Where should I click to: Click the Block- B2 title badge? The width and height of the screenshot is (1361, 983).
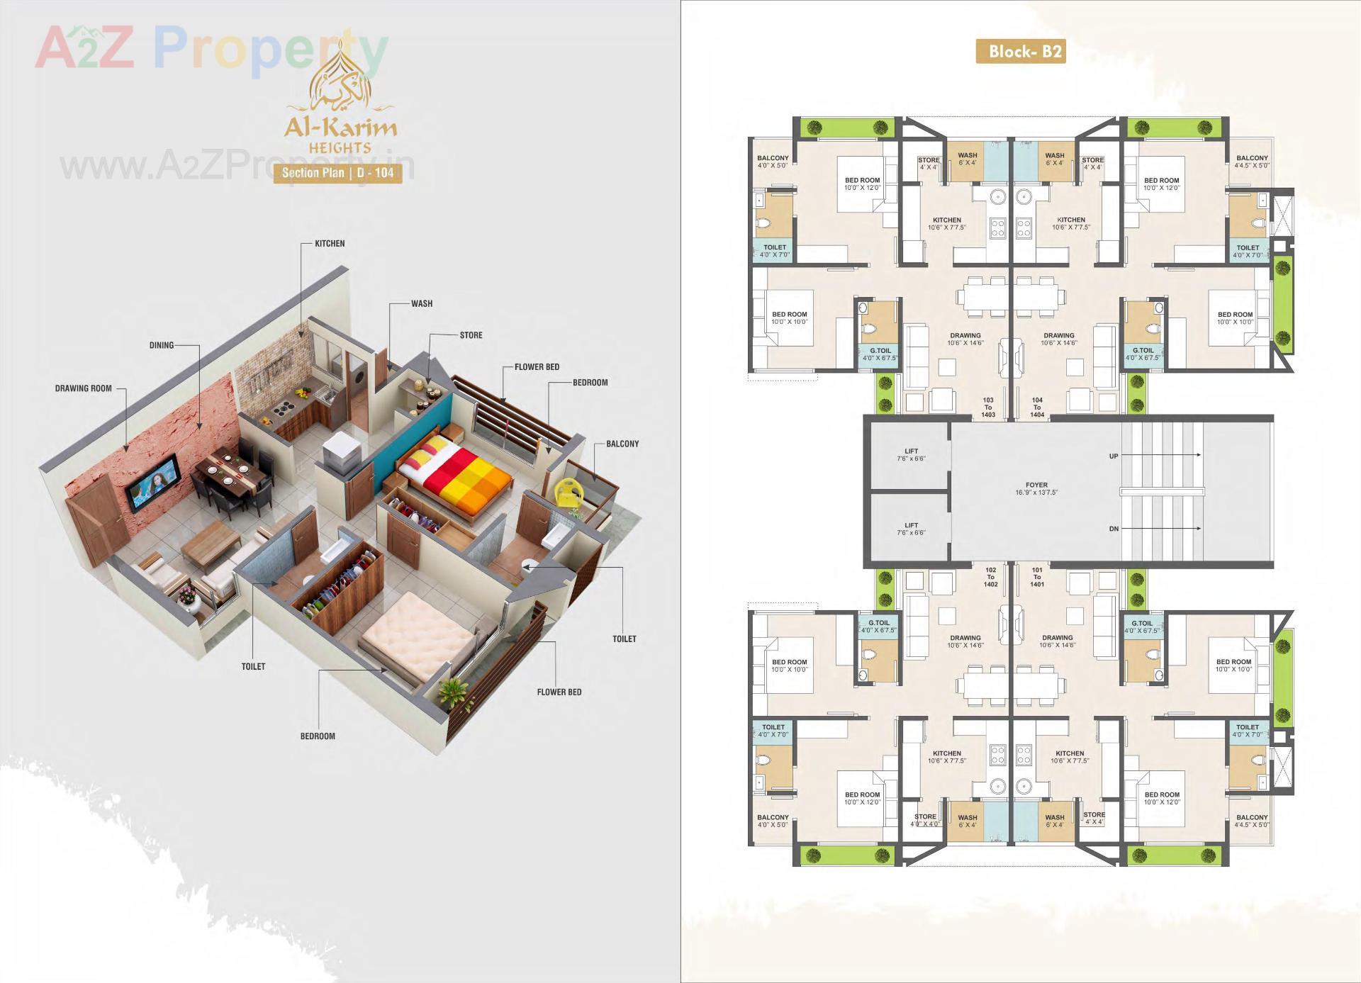[x=1020, y=51]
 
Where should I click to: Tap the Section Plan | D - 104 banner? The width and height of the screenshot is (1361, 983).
[x=337, y=172]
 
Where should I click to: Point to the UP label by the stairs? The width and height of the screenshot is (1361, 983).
[x=1114, y=456]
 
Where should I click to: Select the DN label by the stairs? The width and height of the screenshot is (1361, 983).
[x=1114, y=529]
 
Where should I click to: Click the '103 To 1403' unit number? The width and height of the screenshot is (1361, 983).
[x=988, y=407]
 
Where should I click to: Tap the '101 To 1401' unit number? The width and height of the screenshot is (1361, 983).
[x=1037, y=577]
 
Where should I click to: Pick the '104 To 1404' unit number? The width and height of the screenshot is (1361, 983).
[x=1037, y=407]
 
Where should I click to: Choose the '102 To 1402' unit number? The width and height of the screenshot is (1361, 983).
[x=990, y=577]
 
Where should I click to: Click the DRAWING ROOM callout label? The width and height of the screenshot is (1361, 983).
[x=84, y=388]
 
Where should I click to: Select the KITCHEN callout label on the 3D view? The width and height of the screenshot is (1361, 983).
[x=330, y=244]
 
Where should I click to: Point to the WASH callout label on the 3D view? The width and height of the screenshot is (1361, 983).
[x=422, y=304]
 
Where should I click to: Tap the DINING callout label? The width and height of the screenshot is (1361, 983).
[x=162, y=346]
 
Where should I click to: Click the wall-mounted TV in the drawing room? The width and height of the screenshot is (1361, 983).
[x=152, y=486]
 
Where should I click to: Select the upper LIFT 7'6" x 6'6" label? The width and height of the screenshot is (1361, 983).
[x=911, y=454]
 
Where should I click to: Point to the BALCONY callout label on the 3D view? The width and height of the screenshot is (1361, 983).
[x=622, y=444]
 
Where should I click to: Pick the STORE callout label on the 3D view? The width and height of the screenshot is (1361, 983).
[x=471, y=335]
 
